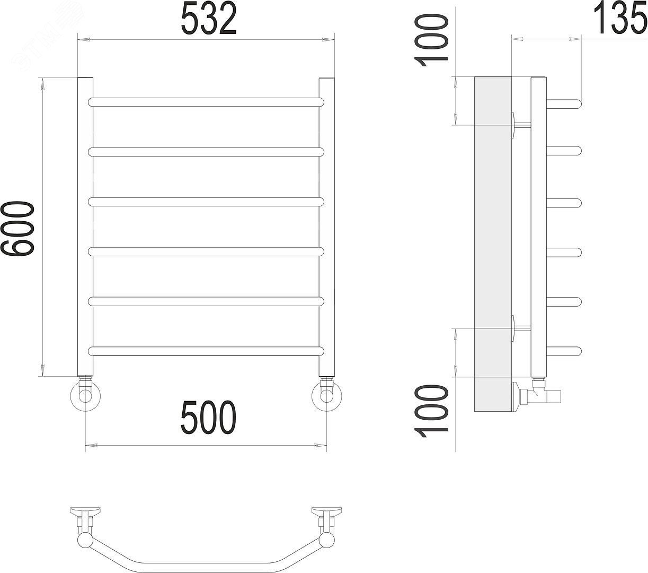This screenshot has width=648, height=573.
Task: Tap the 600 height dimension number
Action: click(17, 228)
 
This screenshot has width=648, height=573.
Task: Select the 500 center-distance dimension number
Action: click(209, 417)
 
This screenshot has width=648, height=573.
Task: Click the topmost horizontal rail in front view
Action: click(206, 102)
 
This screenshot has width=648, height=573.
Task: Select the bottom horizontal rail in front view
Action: click(206, 351)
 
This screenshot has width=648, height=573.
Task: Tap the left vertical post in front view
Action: click(85, 227)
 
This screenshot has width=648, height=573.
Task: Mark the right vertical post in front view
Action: click(326, 227)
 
